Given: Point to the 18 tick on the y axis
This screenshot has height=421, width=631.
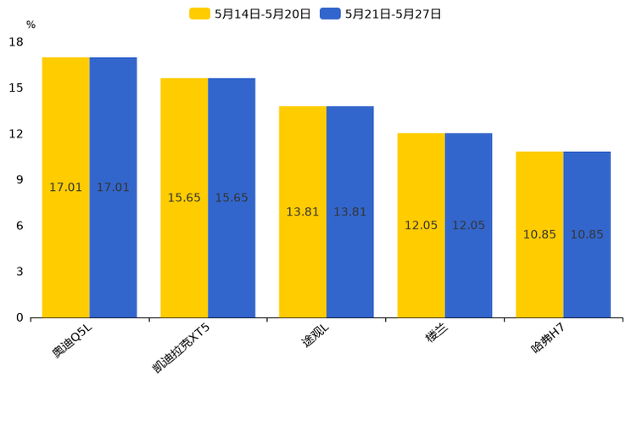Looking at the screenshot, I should pyautogui.click(x=16, y=42).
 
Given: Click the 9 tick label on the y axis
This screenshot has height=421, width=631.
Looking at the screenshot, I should pyautogui.click(x=20, y=180).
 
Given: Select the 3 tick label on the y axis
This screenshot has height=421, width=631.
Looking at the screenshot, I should pyautogui.click(x=20, y=272).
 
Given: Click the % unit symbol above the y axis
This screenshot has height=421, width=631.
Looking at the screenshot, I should pyautogui.click(x=31, y=25).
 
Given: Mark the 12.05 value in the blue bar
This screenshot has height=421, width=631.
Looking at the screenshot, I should pyautogui.click(x=468, y=225).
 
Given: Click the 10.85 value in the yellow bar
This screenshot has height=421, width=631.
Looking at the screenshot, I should pyautogui.click(x=539, y=234).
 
